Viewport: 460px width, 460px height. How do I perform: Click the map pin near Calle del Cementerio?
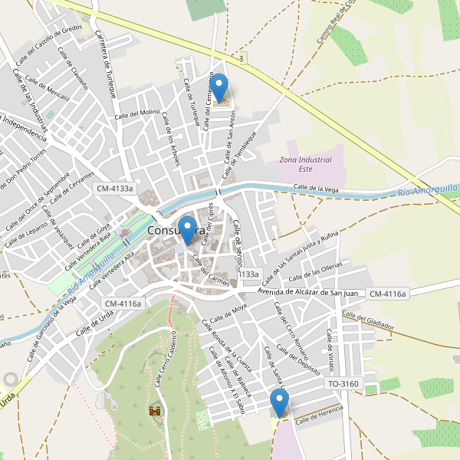tap(219, 87)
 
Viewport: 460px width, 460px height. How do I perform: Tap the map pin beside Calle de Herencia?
tap(279, 402)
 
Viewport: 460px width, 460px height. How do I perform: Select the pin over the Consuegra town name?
tap(186, 230)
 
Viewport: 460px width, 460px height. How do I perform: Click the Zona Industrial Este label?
tap(305, 164)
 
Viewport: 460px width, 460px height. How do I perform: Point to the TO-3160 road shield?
tap(342, 383)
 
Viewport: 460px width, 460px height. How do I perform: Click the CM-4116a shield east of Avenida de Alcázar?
tap(387, 294)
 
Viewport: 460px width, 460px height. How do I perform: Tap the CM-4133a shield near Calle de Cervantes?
tap(114, 188)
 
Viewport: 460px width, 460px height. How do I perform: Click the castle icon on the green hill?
tap(155, 411)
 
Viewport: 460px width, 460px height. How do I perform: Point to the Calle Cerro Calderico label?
tap(164, 359)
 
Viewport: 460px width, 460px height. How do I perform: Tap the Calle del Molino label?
tap(137, 113)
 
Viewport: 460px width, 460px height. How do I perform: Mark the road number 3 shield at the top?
tap(242, 58)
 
